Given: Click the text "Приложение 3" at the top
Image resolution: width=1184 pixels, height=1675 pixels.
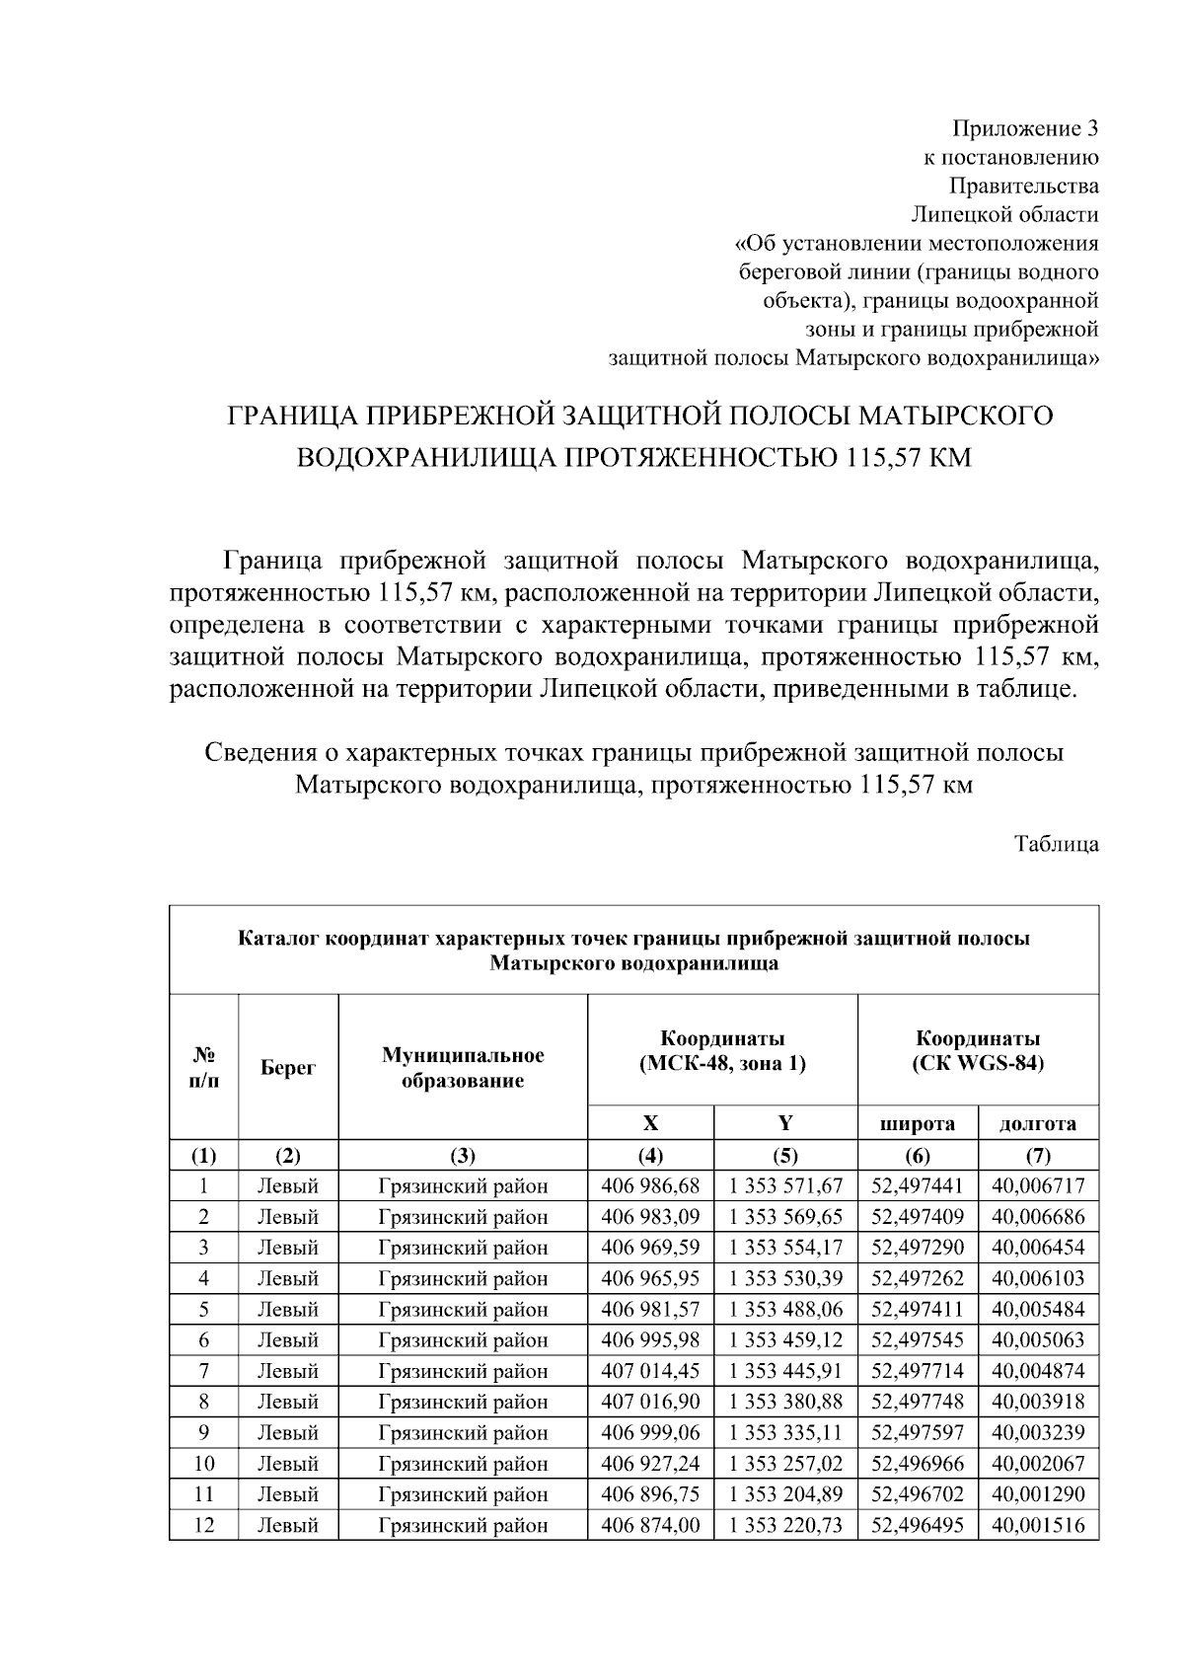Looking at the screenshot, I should pyautogui.click(x=1024, y=128).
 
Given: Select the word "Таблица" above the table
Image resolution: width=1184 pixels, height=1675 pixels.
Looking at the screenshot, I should pyautogui.click(x=1057, y=844).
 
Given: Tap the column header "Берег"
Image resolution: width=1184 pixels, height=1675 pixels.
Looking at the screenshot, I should pyautogui.click(x=288, y=1068).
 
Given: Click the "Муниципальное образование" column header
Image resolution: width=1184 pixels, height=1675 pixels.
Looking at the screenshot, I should pyautogui.click(x=463, y=1068).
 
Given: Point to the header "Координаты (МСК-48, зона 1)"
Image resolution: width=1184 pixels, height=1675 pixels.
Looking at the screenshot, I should pyautogui.click(x=722, y=1051).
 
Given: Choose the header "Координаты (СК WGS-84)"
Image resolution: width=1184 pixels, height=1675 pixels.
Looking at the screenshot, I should pyautogui.click(x=978, y=1051).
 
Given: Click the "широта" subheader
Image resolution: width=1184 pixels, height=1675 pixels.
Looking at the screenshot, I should pyautogui.click(x=918, y=1123).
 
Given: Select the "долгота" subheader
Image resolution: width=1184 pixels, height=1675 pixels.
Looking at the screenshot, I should pyautogui.click(x=1038, y=1123).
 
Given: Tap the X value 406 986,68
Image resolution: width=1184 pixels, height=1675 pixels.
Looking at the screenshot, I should pyautogui.click(x=650, y=1185).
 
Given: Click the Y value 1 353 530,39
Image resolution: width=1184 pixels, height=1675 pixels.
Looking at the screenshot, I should pyautogui.click(x=785, y=1278).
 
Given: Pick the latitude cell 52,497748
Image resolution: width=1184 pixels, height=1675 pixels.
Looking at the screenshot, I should pyautogui.click(x=918, y=1402).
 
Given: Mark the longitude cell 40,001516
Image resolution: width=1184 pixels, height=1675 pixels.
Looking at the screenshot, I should pyautogui.click(x=1038, y=1525).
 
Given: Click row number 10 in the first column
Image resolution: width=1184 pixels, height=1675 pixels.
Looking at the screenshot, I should pyautogui.click(x=203, y=1463).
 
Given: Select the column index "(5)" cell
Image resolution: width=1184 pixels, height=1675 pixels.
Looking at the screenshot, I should pyautogui.click(x=785, y=1156).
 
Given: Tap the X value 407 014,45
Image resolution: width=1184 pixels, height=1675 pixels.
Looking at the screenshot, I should pyautogui.click(x=650, y=1371).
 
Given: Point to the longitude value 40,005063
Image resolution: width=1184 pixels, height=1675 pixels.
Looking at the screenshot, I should pyautogui.click(x=1038, y=1339).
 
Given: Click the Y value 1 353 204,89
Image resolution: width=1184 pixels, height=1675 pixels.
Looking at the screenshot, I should pyautogui.click(x=785, y=1494).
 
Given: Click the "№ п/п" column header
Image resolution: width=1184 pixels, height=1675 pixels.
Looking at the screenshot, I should pyautogui.click(x=203, y=1068).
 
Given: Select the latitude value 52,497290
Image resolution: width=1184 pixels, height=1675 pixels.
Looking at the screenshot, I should pyautogui.click(x=918, y=1248).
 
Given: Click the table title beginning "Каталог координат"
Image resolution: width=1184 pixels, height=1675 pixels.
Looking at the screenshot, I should pyautogui.click(x=633, y=951).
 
